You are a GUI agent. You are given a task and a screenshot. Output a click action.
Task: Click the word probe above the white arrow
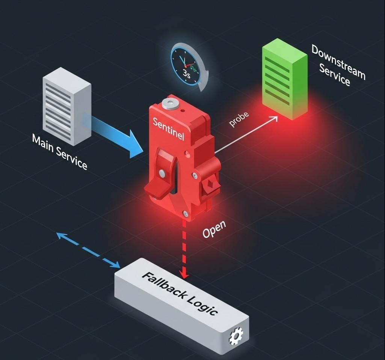239,120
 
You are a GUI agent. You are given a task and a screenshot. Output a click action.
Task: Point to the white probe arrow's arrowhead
274,119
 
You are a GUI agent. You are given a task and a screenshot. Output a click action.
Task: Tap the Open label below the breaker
214,229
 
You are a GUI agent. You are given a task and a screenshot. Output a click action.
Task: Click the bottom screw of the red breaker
185,214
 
